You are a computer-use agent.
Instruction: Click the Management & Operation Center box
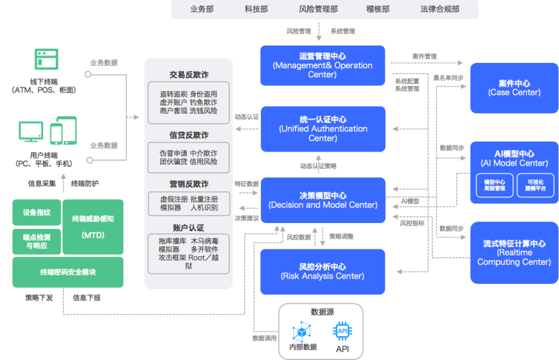point(323,66)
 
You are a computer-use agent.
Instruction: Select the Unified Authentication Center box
point(323,128)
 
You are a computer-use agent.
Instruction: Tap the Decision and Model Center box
point(323,200)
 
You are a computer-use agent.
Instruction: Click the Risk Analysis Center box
point(323,271)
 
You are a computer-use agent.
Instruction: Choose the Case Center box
point(514,88)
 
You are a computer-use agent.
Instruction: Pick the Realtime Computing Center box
point(514,253)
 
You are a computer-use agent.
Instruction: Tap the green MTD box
point(93,226)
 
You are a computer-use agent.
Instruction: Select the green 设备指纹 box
point(36,212)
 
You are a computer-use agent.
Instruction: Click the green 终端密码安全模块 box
point(68,272)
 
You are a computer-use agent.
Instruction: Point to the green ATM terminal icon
point(47,60)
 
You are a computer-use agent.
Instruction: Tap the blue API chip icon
point(342,330)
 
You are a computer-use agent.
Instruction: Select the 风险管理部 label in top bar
point(319,9)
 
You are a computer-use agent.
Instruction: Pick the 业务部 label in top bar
point(203,9)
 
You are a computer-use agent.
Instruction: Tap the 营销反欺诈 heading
point(189,184)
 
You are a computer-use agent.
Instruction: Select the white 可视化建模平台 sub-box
point(534,185)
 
